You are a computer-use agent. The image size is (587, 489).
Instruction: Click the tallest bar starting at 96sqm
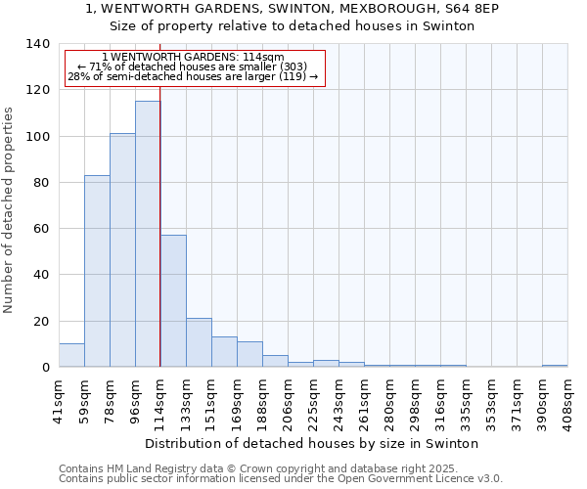[x=148, y=235]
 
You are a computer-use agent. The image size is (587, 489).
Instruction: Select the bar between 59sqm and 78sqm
[x=97, y=271]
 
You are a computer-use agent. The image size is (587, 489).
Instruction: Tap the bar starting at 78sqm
[x=122, y=250]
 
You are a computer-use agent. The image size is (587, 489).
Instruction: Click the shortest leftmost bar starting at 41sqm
[x=71, y=356]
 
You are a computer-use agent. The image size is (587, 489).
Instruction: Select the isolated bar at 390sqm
[x=555, y=366]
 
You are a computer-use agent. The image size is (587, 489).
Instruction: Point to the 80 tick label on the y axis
[x=40, y=183]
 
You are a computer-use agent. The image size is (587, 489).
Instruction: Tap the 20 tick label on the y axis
[x=40, y=322]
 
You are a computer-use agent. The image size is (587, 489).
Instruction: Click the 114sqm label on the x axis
[x=160, y=400]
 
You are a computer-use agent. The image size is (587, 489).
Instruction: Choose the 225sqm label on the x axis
[x=313, y=400]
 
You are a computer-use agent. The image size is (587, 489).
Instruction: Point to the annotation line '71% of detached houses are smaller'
[x=194, y=67]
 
